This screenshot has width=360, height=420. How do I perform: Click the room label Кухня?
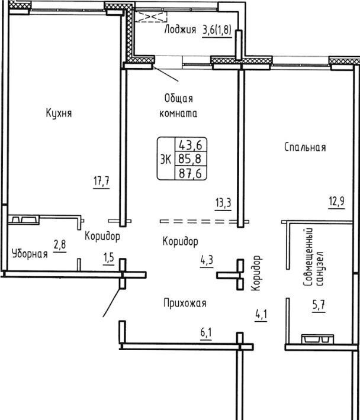pyautogui.click(x=59, y=113)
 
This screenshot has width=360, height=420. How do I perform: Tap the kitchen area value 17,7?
pyautogui.click(x=101, y=181)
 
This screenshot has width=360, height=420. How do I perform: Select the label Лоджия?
pyautogui.click(x=180, y=29)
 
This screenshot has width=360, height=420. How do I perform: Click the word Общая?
pyautogui.click(x=179, y=99)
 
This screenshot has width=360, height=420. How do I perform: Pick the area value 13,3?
pyautogui.click(x=223, y=203)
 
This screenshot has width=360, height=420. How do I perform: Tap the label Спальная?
pyautogui.click(x=305, y=147)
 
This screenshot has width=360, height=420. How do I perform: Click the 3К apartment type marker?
pyautogui.click(x=166, y=160)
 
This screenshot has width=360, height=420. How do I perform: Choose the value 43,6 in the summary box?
pyautogui.click(x=191, y=145)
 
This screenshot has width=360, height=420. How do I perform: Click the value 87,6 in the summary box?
pyautogui.click(x=190, y=173)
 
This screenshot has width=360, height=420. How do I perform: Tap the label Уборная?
pyautogui.click(x=30, y=254)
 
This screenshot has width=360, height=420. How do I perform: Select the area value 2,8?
pyautogui.click(x=60, y=244)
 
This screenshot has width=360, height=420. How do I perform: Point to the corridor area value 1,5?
pyautogui.click(x=108, y=258)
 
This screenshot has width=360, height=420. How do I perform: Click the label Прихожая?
pyautogui.click(x=185, y=303)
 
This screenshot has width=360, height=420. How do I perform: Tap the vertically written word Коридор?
pyautogui.click(x=256, y=273)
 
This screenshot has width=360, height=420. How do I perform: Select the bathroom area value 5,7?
pyautogui.click(x=319, y=305)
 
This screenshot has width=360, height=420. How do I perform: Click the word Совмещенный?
pyautogui.click(x=308, y=257)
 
